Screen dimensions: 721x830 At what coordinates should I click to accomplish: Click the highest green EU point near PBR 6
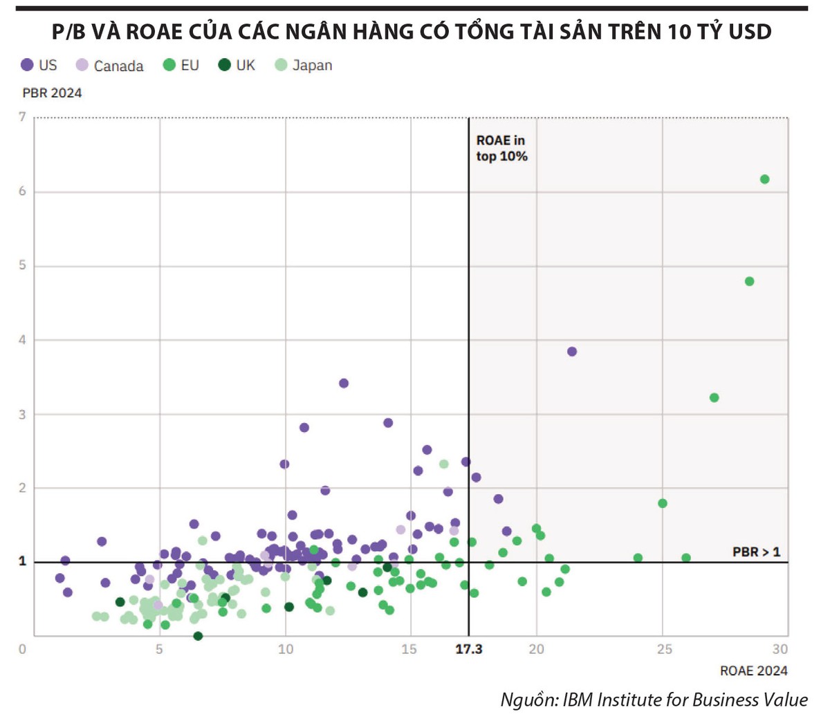pos(764,180)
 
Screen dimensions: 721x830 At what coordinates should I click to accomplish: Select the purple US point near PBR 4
pos(572,352)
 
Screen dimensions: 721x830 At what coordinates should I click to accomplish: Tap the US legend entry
pos(39,65)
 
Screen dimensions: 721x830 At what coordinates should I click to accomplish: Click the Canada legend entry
pos(111,66)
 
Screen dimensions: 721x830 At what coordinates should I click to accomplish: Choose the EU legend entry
pos(181,65)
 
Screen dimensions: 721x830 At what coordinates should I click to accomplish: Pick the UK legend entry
pos(237,65)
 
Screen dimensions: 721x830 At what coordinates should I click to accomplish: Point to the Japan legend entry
pos(304,65)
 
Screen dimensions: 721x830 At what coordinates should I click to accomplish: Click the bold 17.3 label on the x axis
pos(468,649)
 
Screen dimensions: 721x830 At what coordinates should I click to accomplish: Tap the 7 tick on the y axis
pos(22,117)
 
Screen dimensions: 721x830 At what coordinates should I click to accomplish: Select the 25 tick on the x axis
pos(664,649)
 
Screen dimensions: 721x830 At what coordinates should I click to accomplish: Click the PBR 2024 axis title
pos(52,93)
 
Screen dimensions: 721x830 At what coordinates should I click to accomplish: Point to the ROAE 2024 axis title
pos(754,671)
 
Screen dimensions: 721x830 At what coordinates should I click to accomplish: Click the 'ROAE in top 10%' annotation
pos(501,149)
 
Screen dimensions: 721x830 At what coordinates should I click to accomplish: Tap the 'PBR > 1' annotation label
pos(756,552)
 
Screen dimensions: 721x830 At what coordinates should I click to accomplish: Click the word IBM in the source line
pos(578,700)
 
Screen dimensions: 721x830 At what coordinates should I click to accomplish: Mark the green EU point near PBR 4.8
pos(749,281)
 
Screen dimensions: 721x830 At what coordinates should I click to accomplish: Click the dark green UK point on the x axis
pos(199,636)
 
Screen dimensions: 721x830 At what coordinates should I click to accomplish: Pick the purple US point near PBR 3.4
pos(344,383)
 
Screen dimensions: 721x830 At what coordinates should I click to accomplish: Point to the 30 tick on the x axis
pos(780,649)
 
